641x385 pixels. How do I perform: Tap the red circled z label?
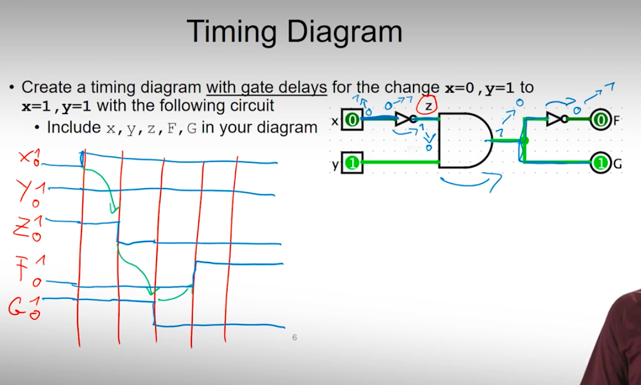[x=428, y=105]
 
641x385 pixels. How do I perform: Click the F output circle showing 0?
[x=599, y=121]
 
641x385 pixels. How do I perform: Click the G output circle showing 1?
[x=599, y=163]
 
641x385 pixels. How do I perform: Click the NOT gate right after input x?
[x=404, y=120]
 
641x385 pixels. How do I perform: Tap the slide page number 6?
[x=294, y=338]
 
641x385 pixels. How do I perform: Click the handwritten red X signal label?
[x=25, y=156]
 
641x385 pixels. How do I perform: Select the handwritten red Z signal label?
[x=22, y=227]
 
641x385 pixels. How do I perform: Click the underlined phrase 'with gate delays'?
[x=266, y=88]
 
